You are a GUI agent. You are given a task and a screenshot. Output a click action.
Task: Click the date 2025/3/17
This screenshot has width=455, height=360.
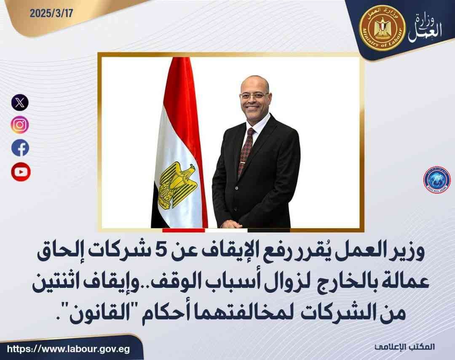[51, 13]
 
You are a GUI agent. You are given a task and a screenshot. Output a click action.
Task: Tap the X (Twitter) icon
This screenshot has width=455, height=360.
[20, 102]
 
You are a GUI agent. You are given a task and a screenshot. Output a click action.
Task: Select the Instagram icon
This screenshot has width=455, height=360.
[20, 125]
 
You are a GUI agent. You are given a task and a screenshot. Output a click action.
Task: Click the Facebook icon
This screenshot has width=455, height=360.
[20, 148]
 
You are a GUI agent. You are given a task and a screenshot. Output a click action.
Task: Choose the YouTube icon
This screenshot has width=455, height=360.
[21, 172]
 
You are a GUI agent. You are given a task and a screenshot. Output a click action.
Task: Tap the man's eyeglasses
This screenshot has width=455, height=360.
[254, 96]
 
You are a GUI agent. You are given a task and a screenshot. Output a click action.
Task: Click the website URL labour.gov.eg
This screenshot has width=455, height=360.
[69, 349]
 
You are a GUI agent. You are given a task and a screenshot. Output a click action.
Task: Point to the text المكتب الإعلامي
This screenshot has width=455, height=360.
[404, 347]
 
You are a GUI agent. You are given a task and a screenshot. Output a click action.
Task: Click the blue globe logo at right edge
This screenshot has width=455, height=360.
[437, 180]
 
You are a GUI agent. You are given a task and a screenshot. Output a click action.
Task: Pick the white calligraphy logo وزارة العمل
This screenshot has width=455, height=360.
[426, 28]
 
